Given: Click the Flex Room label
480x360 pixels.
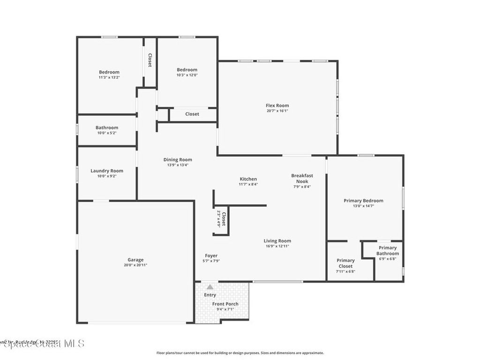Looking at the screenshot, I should point(277,105).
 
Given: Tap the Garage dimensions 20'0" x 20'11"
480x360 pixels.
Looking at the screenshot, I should point(135,265).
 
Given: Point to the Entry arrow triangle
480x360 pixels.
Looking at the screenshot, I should point(210,287).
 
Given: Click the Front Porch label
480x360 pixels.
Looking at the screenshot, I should point(225,304).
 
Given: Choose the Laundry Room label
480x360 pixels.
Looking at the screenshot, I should point(107,171).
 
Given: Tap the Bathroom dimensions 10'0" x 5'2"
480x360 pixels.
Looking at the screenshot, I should point(107,133).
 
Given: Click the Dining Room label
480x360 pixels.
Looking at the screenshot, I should point(178,159).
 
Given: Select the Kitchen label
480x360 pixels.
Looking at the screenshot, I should point(248,179).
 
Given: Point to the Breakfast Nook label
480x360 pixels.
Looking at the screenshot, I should point(302,178).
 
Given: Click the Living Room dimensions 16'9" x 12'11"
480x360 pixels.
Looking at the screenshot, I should point(277,246).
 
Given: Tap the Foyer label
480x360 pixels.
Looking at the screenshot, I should point(211,255).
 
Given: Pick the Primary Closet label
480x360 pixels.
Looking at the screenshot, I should point(345,263).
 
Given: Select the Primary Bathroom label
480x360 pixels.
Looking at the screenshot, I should point(388,250).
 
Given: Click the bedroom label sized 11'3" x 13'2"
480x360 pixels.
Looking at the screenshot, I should point(109,72).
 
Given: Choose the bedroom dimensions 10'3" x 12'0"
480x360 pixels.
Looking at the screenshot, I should point(187,75).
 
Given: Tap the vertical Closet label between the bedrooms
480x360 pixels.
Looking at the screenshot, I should point(150,60).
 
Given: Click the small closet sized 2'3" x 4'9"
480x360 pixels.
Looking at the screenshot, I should point(221,219).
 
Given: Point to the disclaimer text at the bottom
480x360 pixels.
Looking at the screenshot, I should point(240,353).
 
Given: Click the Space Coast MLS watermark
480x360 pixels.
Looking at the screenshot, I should point(42,344).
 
